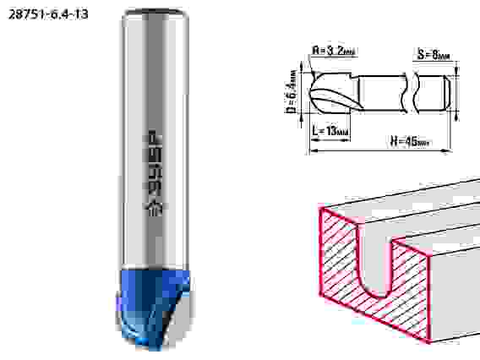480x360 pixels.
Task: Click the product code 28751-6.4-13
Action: click(48, 14)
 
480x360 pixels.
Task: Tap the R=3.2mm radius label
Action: click(334, 51)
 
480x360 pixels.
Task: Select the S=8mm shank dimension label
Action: click(434, 55)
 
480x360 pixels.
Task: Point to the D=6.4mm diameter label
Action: click(292, 92)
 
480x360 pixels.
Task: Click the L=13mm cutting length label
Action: click(330, 131)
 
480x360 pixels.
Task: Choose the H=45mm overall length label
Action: click(410, 141)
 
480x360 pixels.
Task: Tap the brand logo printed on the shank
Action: click(154, 173)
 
